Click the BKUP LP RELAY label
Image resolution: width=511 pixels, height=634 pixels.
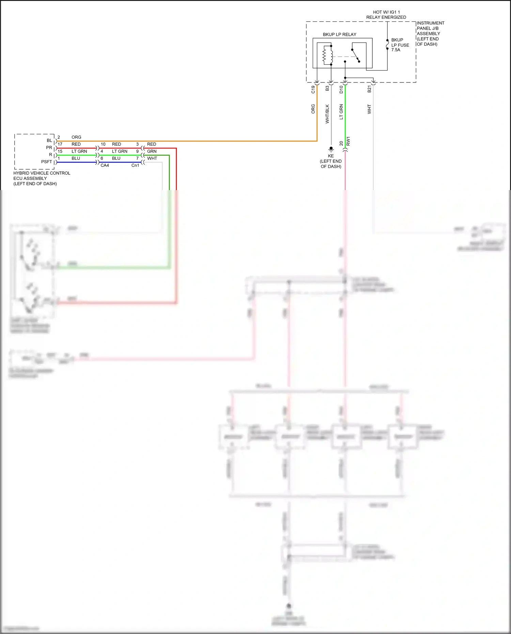(339, 34)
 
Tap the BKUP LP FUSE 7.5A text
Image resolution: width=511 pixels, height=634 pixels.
(400, 45)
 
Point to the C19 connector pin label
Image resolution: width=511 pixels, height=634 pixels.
(313, 90)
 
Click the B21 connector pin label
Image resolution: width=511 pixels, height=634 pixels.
(369, 89)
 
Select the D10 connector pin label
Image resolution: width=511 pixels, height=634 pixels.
(341, 90)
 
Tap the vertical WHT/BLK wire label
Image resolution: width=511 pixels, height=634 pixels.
(327, 114)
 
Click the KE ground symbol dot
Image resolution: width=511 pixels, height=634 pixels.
(331, 149)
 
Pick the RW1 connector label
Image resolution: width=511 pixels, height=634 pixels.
(348, 141)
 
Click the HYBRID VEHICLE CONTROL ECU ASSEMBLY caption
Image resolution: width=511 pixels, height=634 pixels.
(42, 178)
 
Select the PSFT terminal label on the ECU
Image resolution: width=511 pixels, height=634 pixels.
(47, 162)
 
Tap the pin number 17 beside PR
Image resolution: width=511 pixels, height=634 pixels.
(60, 144)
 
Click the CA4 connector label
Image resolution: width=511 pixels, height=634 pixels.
(105, 166)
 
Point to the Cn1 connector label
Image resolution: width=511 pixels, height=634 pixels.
(135, 166)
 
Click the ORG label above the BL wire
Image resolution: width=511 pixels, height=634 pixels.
(76, 137)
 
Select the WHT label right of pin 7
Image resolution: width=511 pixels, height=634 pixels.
(152, 158)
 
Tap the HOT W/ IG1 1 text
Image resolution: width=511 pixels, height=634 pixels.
(386, 12)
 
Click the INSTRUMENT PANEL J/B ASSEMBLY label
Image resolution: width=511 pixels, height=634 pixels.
(430, 33)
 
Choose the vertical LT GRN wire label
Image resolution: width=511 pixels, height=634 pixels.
(341, 112)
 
